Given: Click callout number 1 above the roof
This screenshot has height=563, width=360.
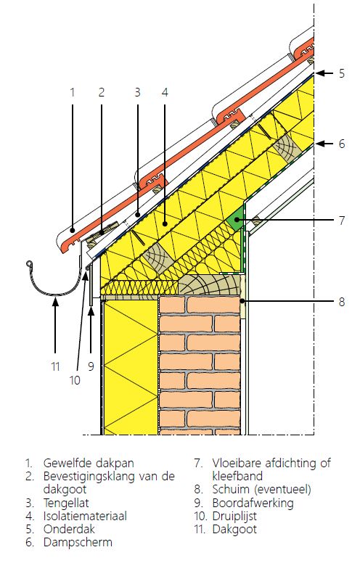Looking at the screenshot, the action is click(x=72, y=92).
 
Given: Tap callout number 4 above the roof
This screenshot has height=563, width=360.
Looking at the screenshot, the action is click(x=165, y=92).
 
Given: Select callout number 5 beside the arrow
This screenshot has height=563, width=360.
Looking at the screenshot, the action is click(x=341, y=73).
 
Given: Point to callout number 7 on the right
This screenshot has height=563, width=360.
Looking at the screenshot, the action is click(x=342, y=220).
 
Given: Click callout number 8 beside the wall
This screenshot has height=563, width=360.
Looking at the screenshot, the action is click(x=342, y=302).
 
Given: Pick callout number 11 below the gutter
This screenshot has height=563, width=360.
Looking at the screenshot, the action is click(x=55, y=366).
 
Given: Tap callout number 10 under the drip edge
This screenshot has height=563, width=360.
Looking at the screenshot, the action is click(x=75, y=380).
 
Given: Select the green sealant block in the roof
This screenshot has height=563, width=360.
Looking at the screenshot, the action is click(x=236, y=220).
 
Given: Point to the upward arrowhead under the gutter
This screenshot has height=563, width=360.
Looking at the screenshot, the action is click(x=55, y=303).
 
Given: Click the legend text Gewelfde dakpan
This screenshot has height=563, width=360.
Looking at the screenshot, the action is click(x=89, y=463).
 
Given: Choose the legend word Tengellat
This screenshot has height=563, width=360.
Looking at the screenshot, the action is click(x=66, y=503).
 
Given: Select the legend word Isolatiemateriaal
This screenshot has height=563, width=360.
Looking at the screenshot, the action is click(x=85, y=516).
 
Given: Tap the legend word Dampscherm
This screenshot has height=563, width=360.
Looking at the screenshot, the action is click(x=78, y=542).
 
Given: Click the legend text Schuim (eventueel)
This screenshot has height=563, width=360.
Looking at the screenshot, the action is click(x=261, y=490).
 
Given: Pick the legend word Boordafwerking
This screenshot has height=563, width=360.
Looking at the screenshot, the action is click(x=253, y=503).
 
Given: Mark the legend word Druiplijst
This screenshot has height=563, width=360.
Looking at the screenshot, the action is click(x=234, y=517).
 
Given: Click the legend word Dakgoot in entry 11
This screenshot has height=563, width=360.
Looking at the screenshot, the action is click(x=234, y=529).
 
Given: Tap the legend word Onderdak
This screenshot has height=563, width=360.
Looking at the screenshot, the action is click(x=69, y=529).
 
